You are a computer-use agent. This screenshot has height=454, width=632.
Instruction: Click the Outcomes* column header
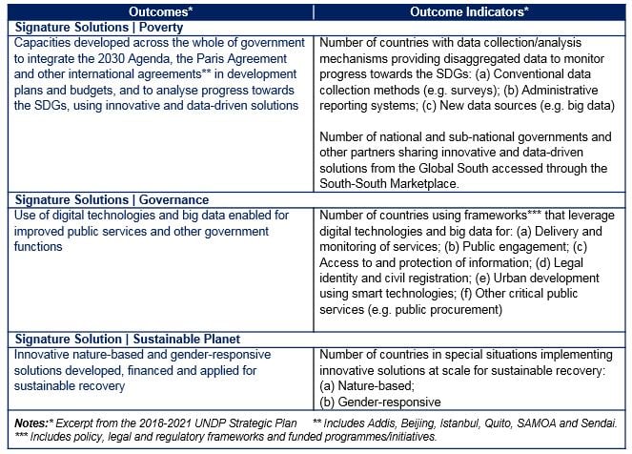(x=160, y=10)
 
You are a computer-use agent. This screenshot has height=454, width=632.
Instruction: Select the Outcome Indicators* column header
(x=469, y=10)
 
